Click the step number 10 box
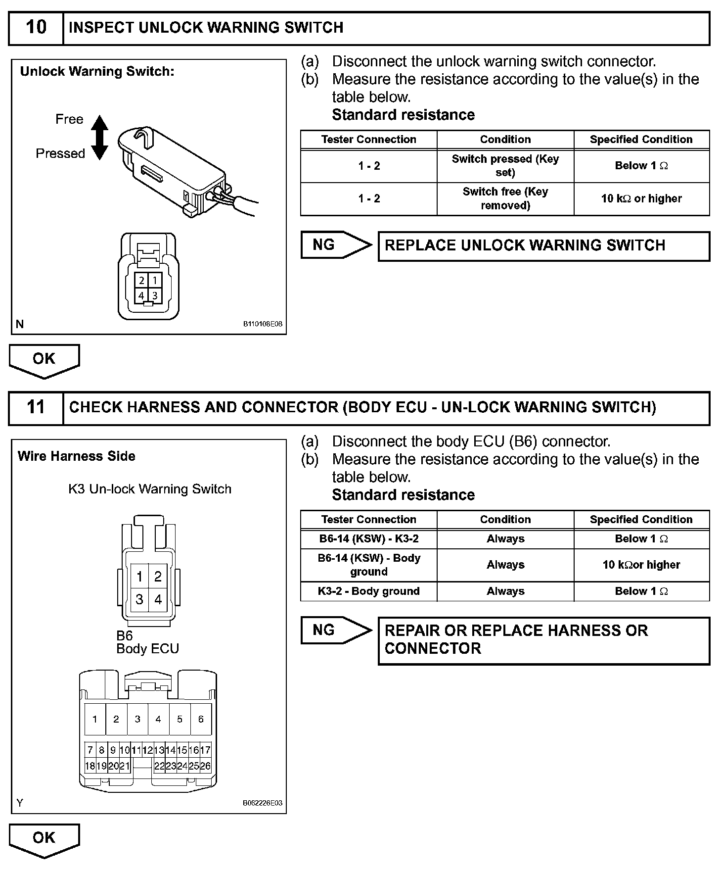click(36, 28)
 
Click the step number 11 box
click(36, 408)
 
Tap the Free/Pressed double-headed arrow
click(100, 138)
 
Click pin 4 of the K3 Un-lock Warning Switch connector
click(158, 600)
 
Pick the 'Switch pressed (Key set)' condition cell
click(505, 166)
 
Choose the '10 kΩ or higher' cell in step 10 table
click(641, 199)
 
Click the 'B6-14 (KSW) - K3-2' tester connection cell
click(369, 539)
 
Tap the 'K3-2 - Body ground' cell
click(369, 591)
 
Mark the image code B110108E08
click(263, 324)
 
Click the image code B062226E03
click(263, 803)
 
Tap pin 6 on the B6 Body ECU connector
click(201, 719)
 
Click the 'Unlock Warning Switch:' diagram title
click(97, 72)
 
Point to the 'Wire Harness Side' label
click(77, 456)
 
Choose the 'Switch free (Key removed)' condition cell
click(505, 199)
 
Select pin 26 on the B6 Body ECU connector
click(205, 766)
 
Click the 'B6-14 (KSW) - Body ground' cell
click(369, 565)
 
